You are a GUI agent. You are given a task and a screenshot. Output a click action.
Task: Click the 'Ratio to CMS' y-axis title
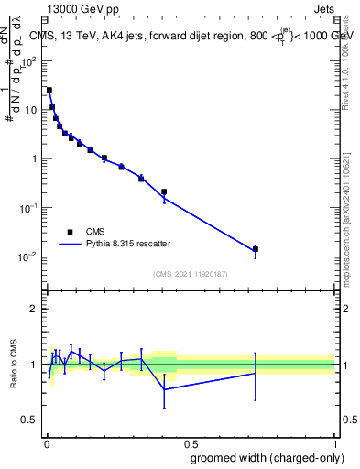coord(13,365)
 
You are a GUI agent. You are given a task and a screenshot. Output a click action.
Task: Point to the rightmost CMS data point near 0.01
coord(256,249)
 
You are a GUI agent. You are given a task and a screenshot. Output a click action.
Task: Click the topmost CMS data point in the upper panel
coord(49,90)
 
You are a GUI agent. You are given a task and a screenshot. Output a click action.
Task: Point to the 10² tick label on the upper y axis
coord(29,61)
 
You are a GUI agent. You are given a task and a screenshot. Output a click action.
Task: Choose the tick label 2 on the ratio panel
coord(36,309)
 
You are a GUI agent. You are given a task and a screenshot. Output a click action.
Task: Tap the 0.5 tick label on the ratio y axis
coord(31,421)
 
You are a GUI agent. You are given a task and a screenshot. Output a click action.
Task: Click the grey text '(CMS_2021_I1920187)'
coord(190,274)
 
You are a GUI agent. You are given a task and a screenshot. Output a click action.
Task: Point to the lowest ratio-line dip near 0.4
coord(164,389)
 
